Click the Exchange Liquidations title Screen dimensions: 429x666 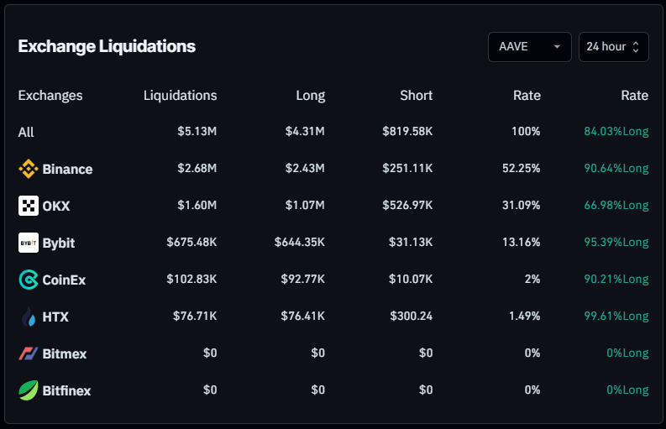(x=107, y=46)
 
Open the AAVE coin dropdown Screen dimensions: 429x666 (x=529, y=47)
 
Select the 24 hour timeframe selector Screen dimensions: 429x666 (x=613, y=47)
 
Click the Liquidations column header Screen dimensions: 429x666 (x=180, y=95)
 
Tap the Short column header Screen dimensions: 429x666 (x=416, y=95)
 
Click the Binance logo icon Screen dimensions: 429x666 (x=29, y=169)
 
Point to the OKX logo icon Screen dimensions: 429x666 (x=29, y=206)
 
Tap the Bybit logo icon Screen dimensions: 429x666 (x=29, y=243)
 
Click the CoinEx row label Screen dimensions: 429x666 (x=64, y=280)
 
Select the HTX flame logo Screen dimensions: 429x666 (x=29, y=317)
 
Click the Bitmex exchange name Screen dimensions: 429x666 (x=64, y=353)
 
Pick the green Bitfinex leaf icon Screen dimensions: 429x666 (x=29, y=390)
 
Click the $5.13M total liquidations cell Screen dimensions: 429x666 (x=197, y=132)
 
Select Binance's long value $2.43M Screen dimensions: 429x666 (x=305, y=169)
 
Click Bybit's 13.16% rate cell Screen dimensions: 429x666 (x=521, y=243)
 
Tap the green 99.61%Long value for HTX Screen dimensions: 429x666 (x=616, y=317)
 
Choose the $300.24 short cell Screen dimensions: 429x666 (x=412, y=317)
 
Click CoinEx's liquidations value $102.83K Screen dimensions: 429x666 (x=191, y=280)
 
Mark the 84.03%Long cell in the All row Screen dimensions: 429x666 (x=616, y=132)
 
